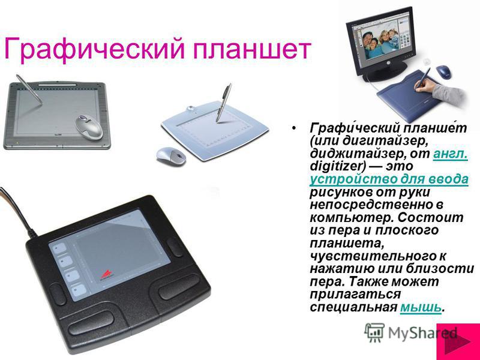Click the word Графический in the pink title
coord(94,49)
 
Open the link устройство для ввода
coord(389,179)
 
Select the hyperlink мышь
coord(421,307)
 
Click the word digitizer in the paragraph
coord(336,167)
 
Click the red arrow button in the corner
coord(458,341)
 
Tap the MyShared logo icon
coord(374,333)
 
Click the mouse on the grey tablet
coord(89,127)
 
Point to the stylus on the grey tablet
coord(29,89)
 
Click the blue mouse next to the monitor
coord(444,71)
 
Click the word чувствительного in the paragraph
coord(378,256)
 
